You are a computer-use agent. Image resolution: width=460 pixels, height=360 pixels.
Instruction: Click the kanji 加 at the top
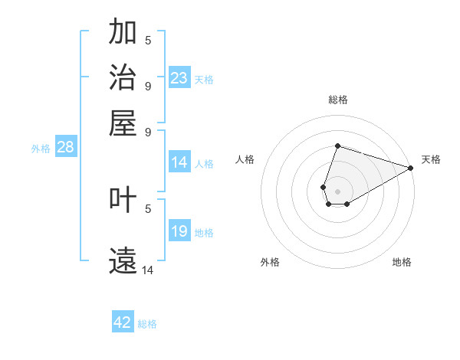123,32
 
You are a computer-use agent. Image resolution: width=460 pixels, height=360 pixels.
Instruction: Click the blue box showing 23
179,78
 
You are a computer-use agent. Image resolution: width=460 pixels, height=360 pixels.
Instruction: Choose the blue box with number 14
179,162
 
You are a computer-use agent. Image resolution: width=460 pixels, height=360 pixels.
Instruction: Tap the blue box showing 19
179,231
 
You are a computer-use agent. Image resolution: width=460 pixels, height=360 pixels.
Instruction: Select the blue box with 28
65,148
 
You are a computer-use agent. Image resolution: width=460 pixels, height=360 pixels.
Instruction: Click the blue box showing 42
123,322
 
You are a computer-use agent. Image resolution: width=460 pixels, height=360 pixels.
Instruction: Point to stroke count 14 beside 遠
148,270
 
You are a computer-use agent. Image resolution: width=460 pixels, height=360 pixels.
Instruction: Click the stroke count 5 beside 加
148,40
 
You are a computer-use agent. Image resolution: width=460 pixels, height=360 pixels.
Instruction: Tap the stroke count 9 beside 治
148,85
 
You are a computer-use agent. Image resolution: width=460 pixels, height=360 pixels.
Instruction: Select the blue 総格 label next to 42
147,324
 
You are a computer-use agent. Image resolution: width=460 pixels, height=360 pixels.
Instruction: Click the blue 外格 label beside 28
41,149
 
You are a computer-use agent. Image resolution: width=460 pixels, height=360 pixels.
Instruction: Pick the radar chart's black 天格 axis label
431,159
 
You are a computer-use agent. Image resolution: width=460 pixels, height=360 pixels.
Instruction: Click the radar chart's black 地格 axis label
402,262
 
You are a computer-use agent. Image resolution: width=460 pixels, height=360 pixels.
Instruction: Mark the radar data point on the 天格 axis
410,168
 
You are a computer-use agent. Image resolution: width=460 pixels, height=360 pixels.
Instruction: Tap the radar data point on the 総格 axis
337,146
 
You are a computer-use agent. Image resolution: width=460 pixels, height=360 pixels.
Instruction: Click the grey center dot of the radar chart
337,191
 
